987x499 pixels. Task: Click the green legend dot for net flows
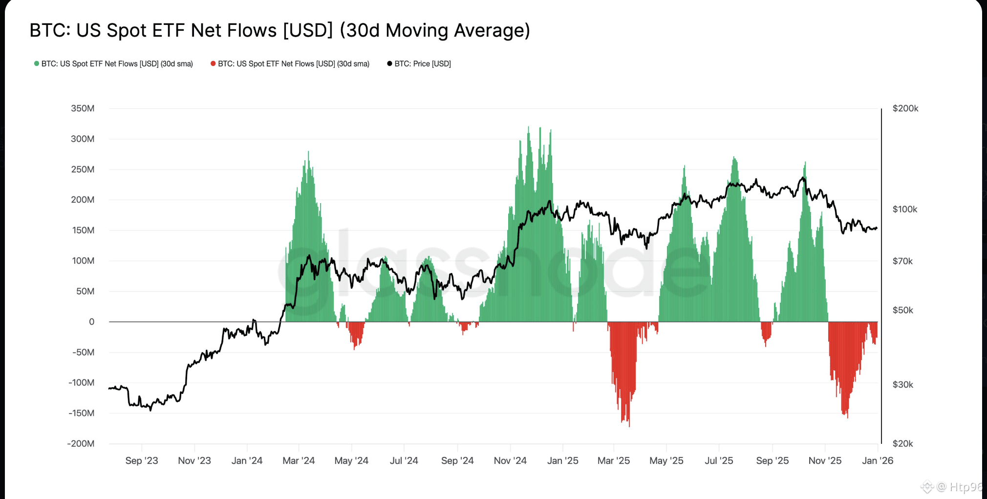[37, 63]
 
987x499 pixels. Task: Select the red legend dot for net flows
[213, 63]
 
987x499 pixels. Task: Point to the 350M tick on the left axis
[83, 108]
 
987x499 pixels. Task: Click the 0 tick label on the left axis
[91, 322]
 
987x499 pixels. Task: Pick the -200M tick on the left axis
[81, 444]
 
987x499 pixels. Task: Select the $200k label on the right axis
[905, 108]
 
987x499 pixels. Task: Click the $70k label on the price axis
[902, 261]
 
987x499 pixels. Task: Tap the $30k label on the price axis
[902, 385]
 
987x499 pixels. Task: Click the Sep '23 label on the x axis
[142, 461]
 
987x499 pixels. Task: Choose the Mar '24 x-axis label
[299, 461]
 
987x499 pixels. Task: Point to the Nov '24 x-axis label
[510, 461]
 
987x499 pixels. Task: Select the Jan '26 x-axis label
[878, 461]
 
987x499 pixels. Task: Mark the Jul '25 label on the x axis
[719, 461]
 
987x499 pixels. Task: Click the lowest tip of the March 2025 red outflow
[629, 426]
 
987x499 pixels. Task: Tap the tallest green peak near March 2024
[308, 152]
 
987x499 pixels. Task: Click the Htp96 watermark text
[966, 487]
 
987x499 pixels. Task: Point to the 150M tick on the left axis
[83, 230]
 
